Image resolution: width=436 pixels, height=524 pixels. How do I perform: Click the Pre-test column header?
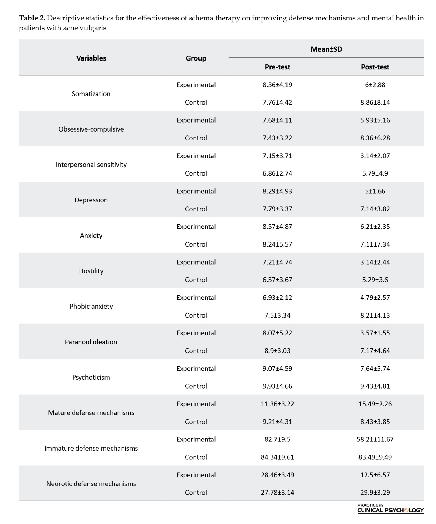[x=277, y=67]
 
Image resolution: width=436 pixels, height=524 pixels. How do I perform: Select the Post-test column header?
[x=375, y=67]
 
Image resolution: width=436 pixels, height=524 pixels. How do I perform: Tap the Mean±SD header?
[x=326, y=49]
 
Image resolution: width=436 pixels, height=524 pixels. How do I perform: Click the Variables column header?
[x=91, y=58]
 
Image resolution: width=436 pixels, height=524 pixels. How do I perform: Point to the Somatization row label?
[x=91, y=94]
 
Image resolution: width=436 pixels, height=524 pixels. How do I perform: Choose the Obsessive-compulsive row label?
[x=91, y=129]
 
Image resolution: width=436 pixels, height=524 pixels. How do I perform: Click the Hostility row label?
[x=91, y=271]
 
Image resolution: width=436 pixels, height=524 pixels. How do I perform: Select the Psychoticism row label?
[x=91, y=377]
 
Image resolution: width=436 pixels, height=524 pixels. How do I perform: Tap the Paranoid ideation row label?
[x=91, y=342]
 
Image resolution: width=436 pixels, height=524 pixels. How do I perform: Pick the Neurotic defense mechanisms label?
[x=91, y=484]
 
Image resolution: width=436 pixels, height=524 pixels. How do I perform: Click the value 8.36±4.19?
[x=277, y=85]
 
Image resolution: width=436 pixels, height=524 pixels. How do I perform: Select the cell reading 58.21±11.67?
[x=375, y=439]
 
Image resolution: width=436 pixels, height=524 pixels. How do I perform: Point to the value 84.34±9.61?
[x=277, y=457]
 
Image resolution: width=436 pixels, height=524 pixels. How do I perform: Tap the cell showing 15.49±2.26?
[x=375, y=404]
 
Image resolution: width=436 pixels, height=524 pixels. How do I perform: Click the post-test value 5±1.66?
[x=375, y=191]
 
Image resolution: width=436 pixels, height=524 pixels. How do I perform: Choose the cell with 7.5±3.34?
[x=277, y=315]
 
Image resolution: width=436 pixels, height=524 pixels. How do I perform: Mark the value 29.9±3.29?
[x=375, y=493]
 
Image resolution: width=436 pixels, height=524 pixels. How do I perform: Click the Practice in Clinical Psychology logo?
[x=390, y=508]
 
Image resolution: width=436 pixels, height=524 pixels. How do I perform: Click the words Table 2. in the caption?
[x=32, y=18]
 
